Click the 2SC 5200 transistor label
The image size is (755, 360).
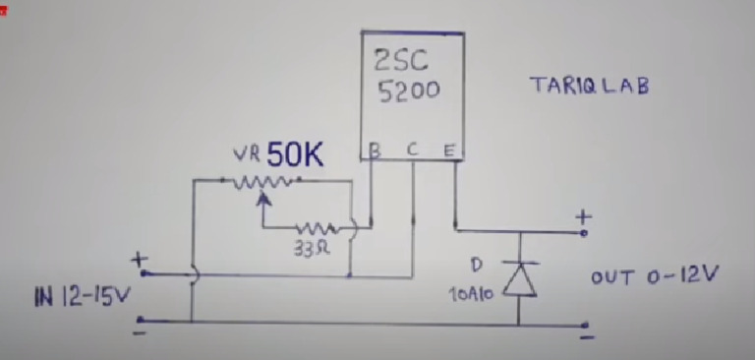click(406, 78)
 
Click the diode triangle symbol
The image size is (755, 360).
click(519, 280)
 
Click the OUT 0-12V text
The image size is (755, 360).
click(654, 276)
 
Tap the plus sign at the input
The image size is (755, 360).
click(138, 260)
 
